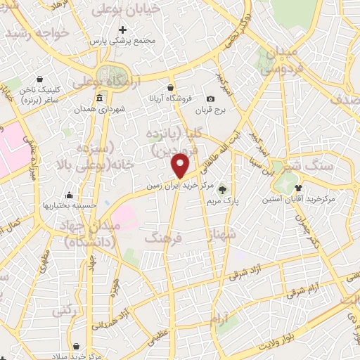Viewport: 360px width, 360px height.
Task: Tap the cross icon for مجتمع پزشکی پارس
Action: tap(123, 30)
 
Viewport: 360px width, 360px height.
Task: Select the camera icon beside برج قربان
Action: tap(210, 98)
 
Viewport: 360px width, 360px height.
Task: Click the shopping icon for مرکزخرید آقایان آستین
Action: tap(299, 188)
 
